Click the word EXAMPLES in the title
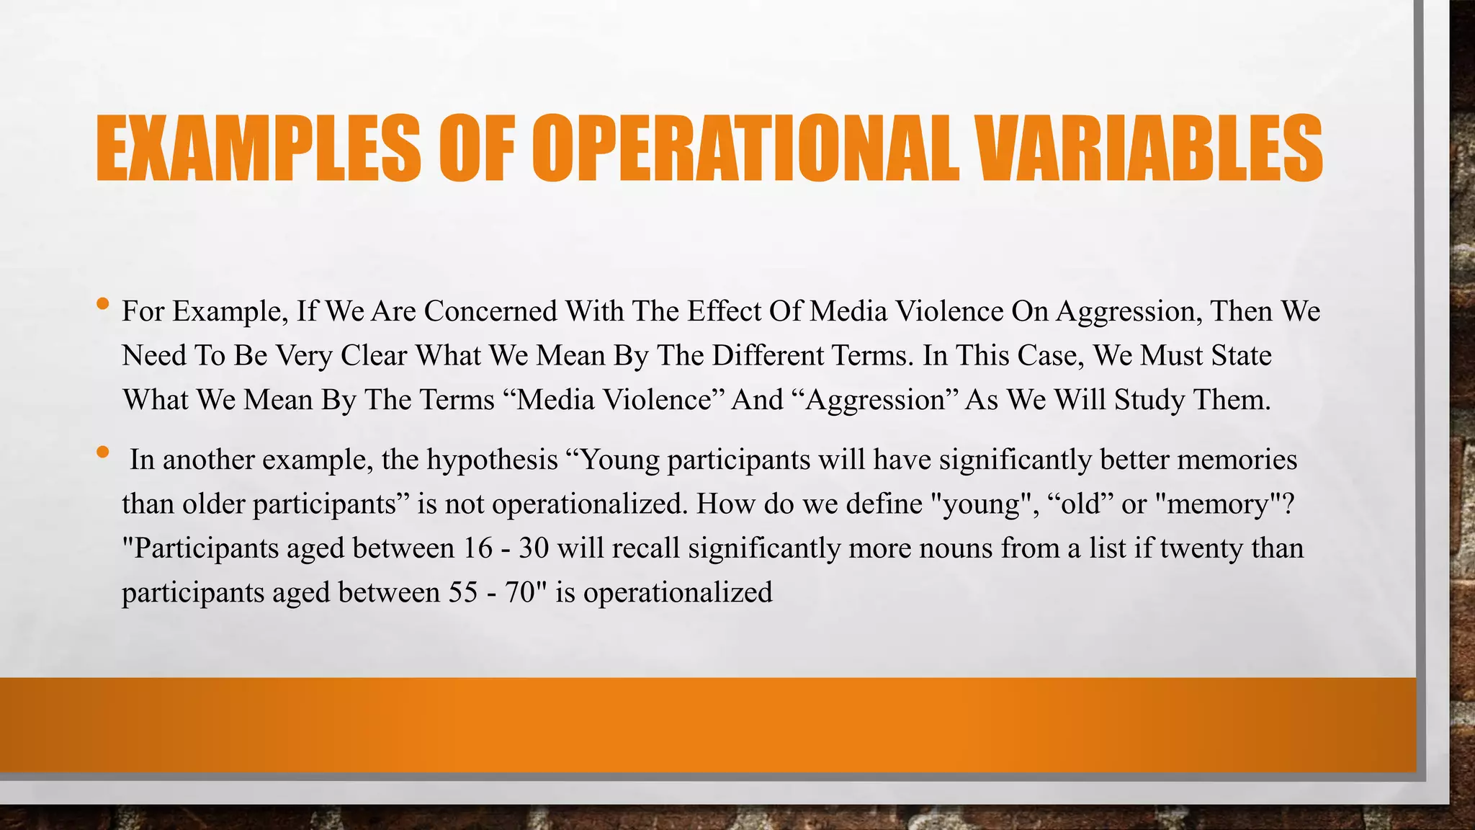point(258,148)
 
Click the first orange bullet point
point(102,304)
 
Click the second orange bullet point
point(102,452)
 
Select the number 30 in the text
point(534,548)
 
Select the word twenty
point(1200,548)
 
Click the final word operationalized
point(677,592)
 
